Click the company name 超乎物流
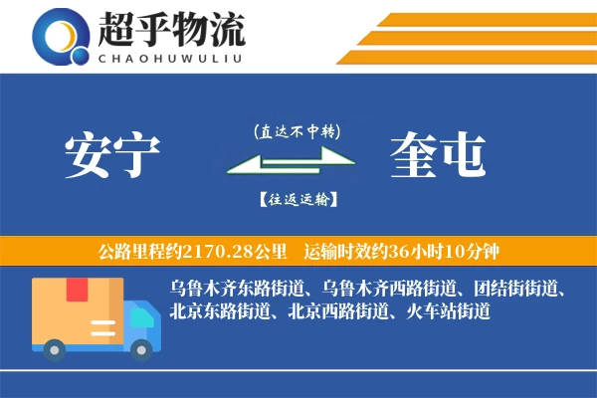(172, 30)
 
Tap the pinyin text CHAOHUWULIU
(171, 58)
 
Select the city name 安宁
(111, 155)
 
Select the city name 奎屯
(439, 155)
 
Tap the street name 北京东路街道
(221, 311)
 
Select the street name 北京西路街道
(339, 311)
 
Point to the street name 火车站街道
(449, 311)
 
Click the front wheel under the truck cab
(142, 348)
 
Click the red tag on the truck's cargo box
(77, 291)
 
